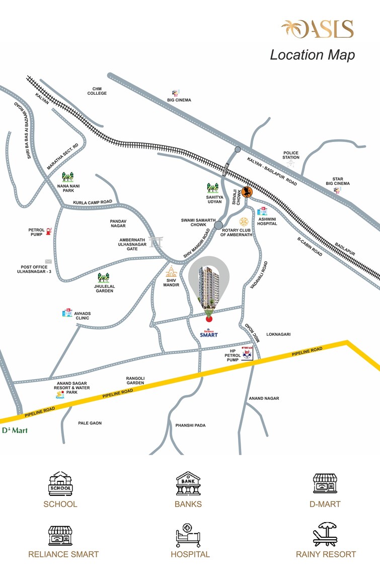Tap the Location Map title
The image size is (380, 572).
coord(312,54)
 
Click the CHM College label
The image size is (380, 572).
coord(97,91)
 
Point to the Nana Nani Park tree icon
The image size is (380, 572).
coord(67,177)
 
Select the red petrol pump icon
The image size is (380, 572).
coord(49,231)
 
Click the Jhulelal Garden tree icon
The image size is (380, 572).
coord(104,278)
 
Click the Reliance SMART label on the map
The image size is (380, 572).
coord(208,333)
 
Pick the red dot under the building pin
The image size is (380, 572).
coord(209,317)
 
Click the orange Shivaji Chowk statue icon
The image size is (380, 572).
coord(246,192)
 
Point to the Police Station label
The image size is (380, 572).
coord(291,155)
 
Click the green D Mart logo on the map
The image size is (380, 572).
coord(15,430)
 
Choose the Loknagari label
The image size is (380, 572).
coord(279,334)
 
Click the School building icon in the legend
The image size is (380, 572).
coord(60,484)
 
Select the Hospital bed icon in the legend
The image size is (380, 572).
coord(188,535)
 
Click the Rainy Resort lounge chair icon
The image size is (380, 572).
coord(326,535)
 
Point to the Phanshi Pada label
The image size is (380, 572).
coord(190,425)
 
